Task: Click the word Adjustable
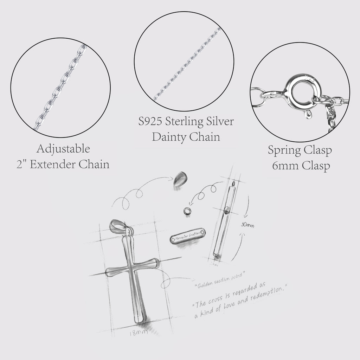point(63,149)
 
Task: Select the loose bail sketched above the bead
point(180,179)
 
